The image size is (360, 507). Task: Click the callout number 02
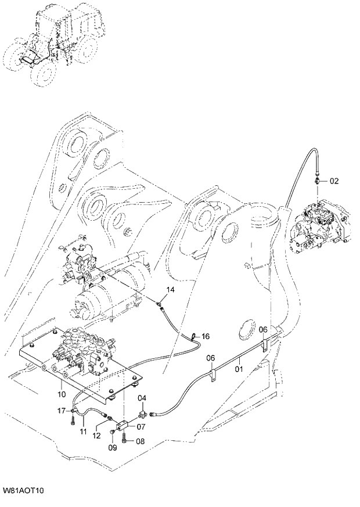(334, 181)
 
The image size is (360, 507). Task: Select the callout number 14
(170, 289)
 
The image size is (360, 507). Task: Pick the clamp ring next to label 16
(192, 336)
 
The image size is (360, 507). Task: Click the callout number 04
(142, 398)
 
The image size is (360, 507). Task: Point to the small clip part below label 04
(142, 413)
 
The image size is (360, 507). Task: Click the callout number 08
(140, 441)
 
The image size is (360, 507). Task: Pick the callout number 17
(62, 411)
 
